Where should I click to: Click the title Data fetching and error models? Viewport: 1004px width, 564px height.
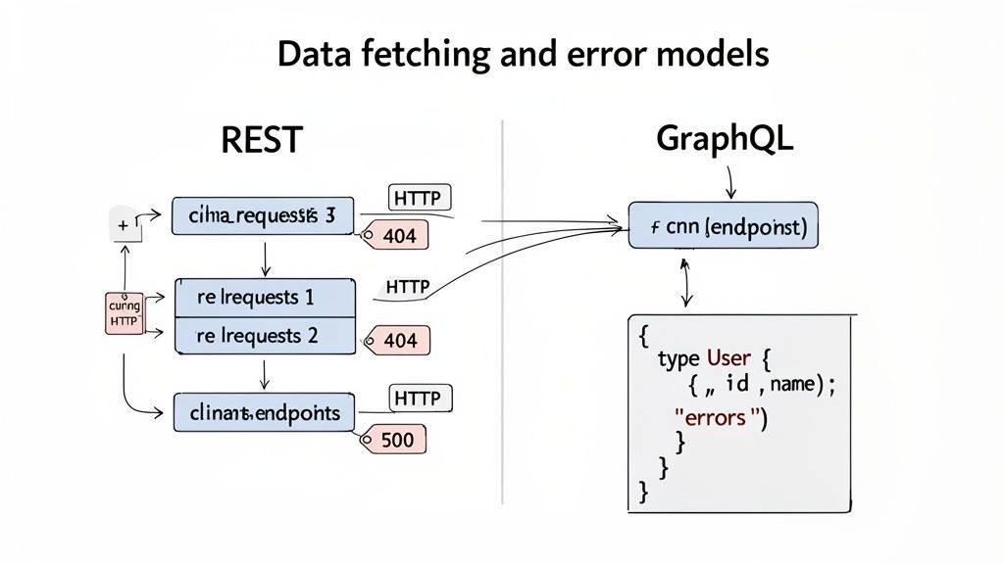[x=523, y=55]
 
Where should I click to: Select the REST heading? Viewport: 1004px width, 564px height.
[x=261, y=141]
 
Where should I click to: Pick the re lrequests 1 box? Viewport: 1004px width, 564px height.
[x=264, y=297]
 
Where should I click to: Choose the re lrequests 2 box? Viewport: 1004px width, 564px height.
[x=264, y=335]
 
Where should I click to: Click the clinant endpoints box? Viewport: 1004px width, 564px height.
[x=263, y=412]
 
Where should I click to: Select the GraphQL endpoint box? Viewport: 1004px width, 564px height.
[x=724, y=227]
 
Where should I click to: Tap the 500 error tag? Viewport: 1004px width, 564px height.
[x=396, y=440]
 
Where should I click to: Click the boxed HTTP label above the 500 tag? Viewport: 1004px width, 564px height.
[x=422, y=398]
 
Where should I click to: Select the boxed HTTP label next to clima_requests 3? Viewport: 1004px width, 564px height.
[x=421, y=198]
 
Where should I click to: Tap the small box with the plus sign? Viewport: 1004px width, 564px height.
[x=123, y=226]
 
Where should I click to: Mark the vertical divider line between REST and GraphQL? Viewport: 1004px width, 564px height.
[x=502, y=313]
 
